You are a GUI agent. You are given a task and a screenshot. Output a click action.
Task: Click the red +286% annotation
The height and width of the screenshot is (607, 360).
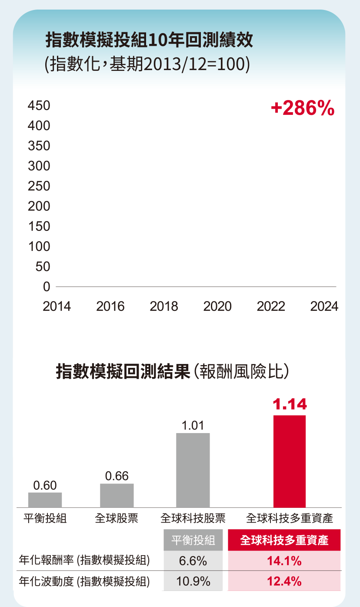coord(302,108)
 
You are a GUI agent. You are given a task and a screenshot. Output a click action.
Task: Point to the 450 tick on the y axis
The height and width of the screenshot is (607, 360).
coord(39,106)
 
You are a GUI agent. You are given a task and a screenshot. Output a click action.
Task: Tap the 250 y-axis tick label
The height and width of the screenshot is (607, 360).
coord(39,186)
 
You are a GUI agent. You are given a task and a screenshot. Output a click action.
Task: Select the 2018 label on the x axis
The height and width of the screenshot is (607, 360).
coord(164,307)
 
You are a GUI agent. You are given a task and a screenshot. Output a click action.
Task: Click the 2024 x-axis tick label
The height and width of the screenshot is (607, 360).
coord(324,307)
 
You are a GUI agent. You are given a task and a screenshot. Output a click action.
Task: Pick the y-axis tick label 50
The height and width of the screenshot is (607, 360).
coord(43,267)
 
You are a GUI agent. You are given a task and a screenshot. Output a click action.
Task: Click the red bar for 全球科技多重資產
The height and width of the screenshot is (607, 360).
coord(290,461)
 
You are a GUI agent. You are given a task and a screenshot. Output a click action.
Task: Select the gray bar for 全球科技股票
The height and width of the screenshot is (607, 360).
coord(193,470)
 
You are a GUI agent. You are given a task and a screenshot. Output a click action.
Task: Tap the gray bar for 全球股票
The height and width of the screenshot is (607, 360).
coord(117,495)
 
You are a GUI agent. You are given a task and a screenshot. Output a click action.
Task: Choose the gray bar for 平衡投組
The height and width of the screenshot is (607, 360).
coord(45,500)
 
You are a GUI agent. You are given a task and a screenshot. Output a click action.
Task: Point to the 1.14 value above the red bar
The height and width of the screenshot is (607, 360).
coord(290,404)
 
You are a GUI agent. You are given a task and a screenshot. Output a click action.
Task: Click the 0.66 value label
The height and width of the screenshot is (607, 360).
coord(117,476)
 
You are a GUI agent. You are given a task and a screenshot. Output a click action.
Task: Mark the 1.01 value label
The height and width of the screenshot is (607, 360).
coord(193,425)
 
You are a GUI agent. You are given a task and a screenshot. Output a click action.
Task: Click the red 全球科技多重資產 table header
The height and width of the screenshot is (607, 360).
coord(284,540)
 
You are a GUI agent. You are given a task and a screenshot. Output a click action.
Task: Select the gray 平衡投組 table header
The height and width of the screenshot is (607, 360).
coord(193,540)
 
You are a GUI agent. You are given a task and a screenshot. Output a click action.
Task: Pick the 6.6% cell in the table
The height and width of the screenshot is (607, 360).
coord(193,561)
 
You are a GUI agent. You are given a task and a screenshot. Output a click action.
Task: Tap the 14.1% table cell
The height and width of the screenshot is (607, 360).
coord(284,561)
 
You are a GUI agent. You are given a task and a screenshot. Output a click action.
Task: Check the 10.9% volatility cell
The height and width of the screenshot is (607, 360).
coord(193,581)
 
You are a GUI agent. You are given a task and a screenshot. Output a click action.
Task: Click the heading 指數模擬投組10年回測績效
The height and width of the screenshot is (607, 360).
coord(149,41)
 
